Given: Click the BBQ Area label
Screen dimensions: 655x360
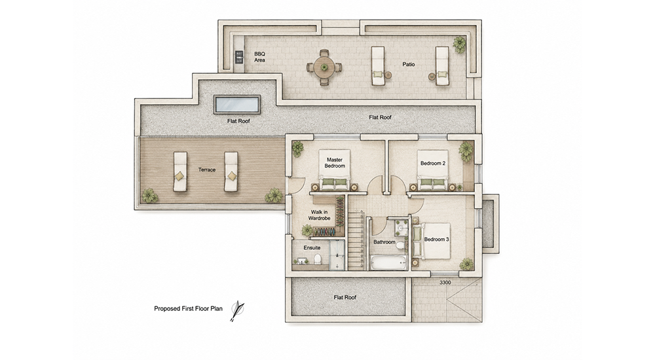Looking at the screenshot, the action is pos(259,57).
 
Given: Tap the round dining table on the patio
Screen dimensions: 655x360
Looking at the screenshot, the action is pos(324,67).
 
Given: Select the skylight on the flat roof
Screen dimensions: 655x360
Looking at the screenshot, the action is pos(237,105).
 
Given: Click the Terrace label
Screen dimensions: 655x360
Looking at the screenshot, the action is pos(207,170).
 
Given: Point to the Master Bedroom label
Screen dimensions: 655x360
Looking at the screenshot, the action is pos(335,162).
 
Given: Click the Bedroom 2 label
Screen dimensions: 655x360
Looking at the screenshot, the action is pos(433,163).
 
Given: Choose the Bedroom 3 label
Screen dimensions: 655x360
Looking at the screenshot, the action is pos(436,240).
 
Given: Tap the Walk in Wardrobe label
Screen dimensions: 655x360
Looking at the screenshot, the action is pos(319,215).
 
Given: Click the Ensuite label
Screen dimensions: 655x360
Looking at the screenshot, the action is pos(312,247).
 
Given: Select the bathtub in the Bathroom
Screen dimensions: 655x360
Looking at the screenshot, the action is pos(389,262).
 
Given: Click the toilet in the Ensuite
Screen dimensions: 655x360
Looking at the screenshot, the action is pos(317,259).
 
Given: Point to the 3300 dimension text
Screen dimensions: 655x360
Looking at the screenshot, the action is pos(445,282).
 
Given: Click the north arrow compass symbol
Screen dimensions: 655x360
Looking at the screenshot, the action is pos(237,311).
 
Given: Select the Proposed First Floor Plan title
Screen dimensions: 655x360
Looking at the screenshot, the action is pos(189,309).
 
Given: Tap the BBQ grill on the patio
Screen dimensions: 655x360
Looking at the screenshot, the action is pos(239,57).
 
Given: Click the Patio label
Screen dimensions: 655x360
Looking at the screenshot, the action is pos(409,64).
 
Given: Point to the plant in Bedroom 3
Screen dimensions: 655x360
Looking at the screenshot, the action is pos(466,264).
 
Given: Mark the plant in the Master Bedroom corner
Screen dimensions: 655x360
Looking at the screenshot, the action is pos(297,149).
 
